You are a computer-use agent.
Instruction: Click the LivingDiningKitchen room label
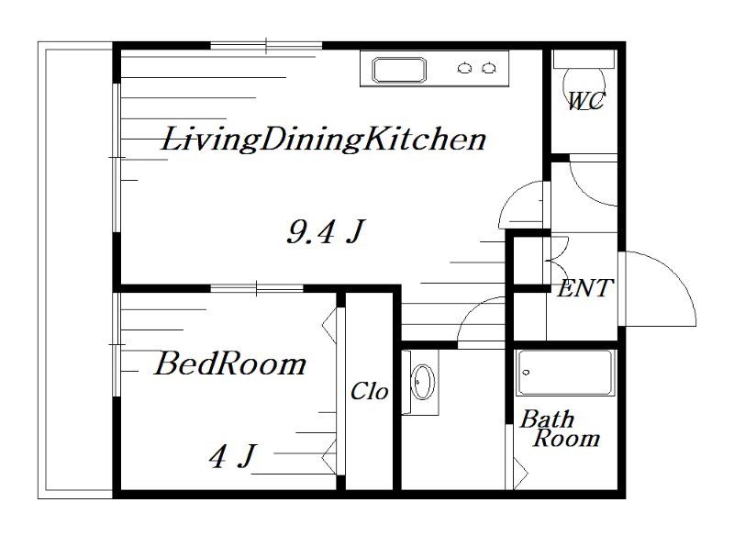click(x=324, y=139)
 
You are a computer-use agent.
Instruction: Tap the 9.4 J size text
click(x=326, y=231)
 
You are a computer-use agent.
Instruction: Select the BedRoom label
click(x=230, y=363)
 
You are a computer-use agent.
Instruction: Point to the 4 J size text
click(x=233, y=456)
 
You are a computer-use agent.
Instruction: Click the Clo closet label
click(x=370, y=391)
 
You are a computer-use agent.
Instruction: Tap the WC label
click(x=585, y=101)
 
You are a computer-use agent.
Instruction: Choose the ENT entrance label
click(x=585, y=288)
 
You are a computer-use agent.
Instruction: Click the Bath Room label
click(x=560, y=429)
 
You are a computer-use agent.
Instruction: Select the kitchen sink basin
click(x=399, y=70)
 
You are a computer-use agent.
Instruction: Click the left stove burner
click(x=464, y=68)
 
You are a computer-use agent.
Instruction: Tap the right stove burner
click(x=489, y=68)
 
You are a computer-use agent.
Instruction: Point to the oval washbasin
click(x=423, y=382)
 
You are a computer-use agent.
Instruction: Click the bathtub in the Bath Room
click(x=565, y=373)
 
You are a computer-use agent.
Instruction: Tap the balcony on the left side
click(x=75, y=270)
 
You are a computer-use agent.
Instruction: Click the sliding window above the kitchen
click(x=266, y=46)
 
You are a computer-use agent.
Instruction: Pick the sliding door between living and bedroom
click(x=257, y=288)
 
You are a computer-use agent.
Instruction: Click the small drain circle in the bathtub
click(x=526, y=373)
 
